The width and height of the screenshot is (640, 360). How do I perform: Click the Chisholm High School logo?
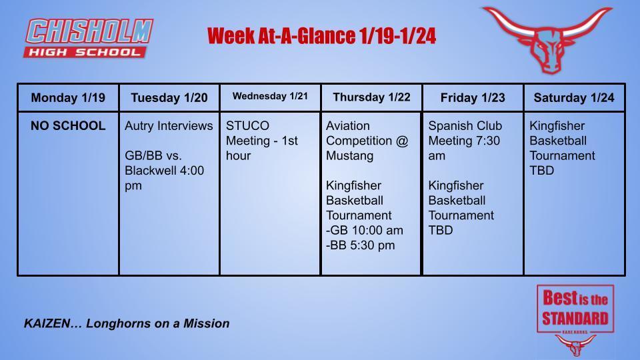click(89, 38)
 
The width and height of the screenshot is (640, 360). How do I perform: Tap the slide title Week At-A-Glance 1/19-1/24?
click(321, 36)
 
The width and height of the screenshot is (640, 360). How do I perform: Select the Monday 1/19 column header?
click(68, 98)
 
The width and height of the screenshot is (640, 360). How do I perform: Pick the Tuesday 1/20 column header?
click(169, 98)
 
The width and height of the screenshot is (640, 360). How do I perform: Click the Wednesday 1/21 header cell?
click(270, 97)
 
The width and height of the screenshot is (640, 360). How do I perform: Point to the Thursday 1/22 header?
click(371, 97)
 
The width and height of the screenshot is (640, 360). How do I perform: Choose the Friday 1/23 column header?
click(473, 98)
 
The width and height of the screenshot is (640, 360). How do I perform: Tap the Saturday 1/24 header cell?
click(574, 98)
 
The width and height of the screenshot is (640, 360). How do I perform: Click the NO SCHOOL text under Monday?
click(68, 126)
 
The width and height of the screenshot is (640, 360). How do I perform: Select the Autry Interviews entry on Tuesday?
click(169, 126)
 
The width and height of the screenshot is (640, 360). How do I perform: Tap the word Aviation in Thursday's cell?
click(347, 126)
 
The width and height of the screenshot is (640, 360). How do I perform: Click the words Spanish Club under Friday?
click(465, 126)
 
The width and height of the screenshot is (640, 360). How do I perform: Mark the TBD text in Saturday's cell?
click(541, 171)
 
